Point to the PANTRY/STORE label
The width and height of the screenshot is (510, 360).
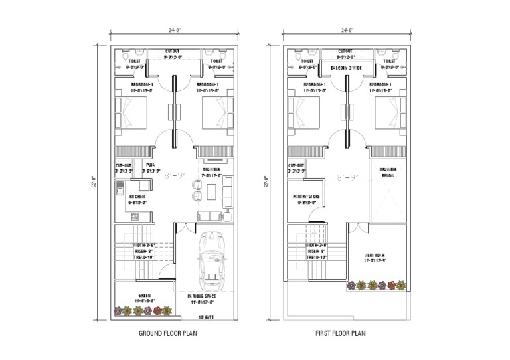coord(307,197)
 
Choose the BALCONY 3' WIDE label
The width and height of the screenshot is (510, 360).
coord(345,68)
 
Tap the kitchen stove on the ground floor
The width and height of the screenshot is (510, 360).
coord(135,216)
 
